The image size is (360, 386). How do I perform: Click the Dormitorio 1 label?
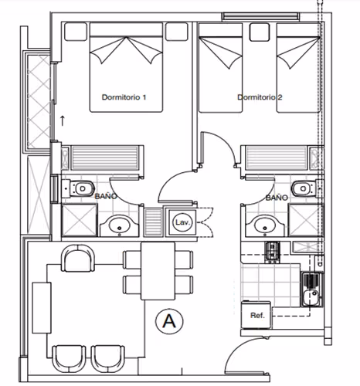tap(124, 97)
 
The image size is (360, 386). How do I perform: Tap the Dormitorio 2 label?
tap(260, 97)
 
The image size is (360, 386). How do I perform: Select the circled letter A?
tap(169, 321)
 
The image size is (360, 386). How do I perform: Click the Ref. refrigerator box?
tap(256, 315)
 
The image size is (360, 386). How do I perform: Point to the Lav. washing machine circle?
tap(182, 222)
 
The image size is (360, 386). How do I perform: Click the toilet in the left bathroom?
tap(78, 188)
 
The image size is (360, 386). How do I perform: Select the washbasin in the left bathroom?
tap(119, 226)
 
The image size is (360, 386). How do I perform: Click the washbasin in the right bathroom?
tap(265, 226)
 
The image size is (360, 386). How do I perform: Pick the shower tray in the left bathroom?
tap(80, 220)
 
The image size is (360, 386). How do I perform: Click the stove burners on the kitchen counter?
tap(272, 252)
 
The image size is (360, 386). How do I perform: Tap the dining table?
tap(158, 271)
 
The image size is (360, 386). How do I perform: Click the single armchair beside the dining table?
tap(78, 258)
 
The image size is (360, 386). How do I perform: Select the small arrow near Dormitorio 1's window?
tap(62, 120)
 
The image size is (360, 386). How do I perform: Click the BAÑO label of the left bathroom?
tap(106, 196)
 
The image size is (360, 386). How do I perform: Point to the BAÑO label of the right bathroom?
tap(277, 198)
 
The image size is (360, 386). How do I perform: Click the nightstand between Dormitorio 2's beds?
tap(260, 32)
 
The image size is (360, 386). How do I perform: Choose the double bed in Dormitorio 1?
tap(126, 67)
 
